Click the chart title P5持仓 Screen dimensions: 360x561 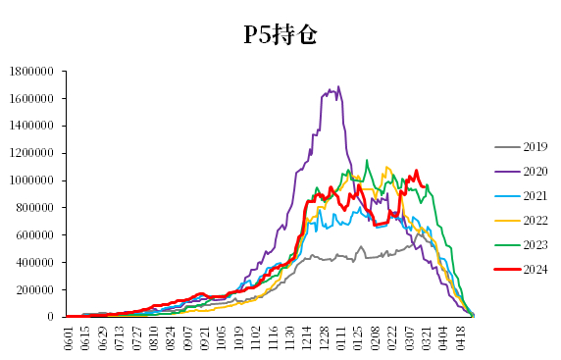coord(280,35)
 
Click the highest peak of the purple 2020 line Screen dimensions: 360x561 coord(338,86)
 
